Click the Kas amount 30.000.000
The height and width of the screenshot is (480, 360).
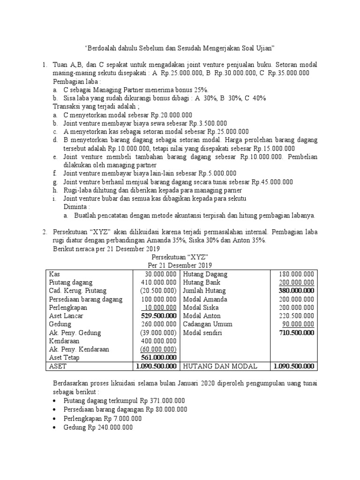(x=161, y=274)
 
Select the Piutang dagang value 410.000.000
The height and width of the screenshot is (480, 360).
(x=159, y=282)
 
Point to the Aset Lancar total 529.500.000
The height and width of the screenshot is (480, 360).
(x=158, y=316)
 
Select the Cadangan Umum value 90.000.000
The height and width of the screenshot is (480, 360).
(x=298, y=324)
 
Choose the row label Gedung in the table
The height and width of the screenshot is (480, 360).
(x=60, y=324)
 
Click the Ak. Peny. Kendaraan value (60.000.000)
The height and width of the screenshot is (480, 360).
(x=158, y=350)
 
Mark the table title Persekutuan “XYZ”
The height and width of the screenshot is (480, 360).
(x=180, y=257)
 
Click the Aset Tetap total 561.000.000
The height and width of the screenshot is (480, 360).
(x=158, y=358)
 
